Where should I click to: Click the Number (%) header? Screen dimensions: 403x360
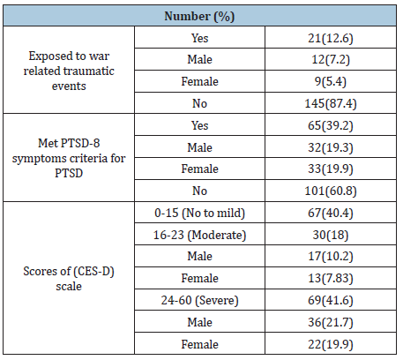click(199, 16)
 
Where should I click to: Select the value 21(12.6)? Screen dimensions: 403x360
click(331, 38)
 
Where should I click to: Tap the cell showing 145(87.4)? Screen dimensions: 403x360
click(331, 103)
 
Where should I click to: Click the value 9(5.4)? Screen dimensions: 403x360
click(331, 81)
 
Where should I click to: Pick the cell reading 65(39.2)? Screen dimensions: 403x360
click(331, 125)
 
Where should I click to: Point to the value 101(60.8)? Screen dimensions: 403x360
click(331, 191)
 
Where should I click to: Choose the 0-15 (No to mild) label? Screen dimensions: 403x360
click(199, 213)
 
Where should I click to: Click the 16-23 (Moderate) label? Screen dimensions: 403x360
click(199, 235)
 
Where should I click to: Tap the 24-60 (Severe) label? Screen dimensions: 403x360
click(199, 300)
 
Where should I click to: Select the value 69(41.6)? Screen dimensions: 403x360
click(331, 300)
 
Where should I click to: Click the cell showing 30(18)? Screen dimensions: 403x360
click(331, 235)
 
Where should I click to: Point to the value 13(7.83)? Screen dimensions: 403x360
click(331, 278)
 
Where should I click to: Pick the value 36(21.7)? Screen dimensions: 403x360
click(331, 322)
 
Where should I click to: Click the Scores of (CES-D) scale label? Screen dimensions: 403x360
click(69, 279)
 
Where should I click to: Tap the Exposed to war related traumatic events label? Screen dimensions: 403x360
click(69, 71)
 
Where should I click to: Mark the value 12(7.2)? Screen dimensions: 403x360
click(331, 60)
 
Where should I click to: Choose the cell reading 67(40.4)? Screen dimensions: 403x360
click(331, 213)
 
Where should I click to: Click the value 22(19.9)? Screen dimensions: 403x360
click(331, 344)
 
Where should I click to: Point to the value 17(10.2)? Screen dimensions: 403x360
click(331, 256)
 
